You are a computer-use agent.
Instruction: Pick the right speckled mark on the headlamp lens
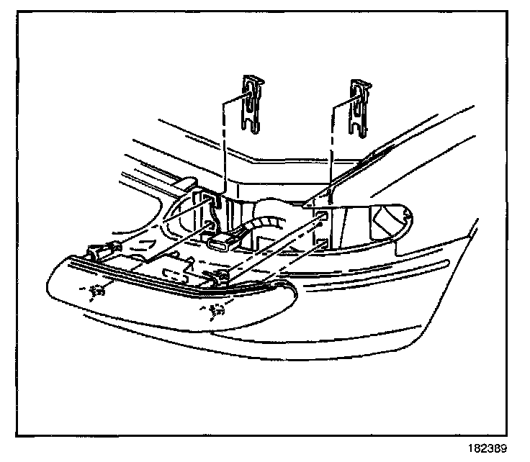click(214, 312)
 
